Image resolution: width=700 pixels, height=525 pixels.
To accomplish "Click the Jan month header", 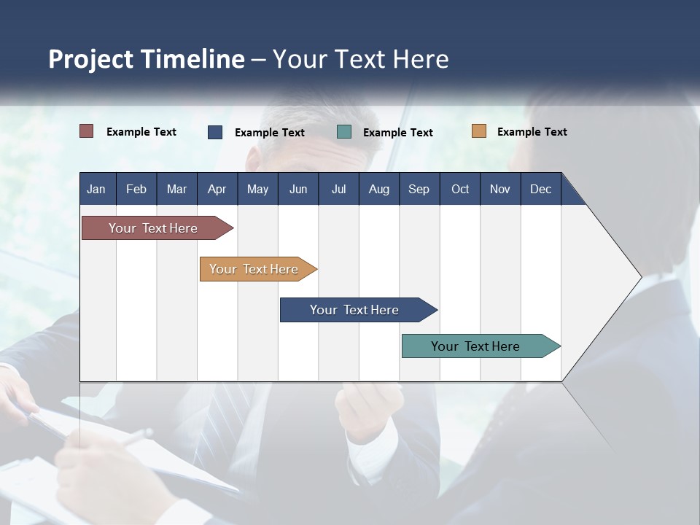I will pyautogui.click(x=96, y=189).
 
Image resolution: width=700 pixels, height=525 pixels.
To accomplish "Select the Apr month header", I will pyautogui.click(x=217, y=189).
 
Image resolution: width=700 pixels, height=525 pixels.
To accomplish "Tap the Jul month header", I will pyautogui.click(x=338, y=189).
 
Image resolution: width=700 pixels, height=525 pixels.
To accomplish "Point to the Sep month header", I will pyautogui.click(x=419, y=189).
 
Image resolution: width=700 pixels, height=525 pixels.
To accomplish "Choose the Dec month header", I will pyautogui.click(x=540, y=189).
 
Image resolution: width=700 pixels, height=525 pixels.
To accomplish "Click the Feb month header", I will pyautogui.click(x=136, y=189).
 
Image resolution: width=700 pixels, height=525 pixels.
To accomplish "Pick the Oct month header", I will pyautogui.click(x=460, y=189).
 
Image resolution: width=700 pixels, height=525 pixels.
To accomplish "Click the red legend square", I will pyautogui.click(x=87, y=131).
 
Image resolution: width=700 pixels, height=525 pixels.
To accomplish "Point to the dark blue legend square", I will pyautogui.click(x=215, y=132).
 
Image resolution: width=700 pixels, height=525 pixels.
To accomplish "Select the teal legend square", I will pyautogui.click(x=344, y=132).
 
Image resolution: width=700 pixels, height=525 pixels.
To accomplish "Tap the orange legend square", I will pyautogui.click(x=479, y=131).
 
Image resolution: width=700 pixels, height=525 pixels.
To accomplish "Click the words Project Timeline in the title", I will pyautogui.click(x=146, y=59).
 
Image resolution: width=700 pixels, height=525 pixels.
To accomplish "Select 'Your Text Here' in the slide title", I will pyautogui.click(x=361, y=59).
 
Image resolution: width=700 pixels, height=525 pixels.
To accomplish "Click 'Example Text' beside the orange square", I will pyautogui.click(x=532, y=132).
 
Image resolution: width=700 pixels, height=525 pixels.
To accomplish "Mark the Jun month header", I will pyautogui.click(x=298, y=189).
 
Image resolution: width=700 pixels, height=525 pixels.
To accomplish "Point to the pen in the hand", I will pyautogui.click(x=135, y=437).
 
